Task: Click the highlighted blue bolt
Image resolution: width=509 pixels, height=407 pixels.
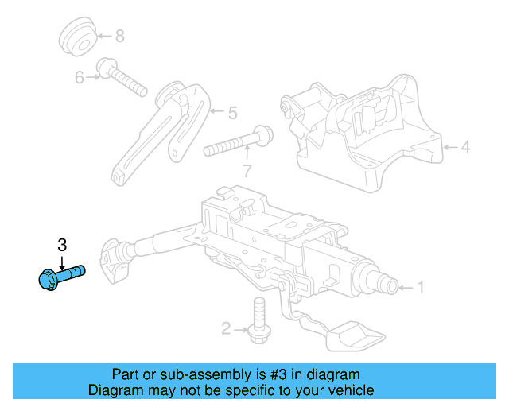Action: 60,277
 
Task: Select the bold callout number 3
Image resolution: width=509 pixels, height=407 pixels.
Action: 61,244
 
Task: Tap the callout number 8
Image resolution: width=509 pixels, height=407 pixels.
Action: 120,36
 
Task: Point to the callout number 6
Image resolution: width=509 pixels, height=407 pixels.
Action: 80,77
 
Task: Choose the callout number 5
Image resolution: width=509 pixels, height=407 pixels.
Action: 232,114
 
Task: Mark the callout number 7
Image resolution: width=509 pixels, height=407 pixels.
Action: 247,169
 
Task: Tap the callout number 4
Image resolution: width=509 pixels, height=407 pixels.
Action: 466,146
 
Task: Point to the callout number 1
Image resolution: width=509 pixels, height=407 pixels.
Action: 422,287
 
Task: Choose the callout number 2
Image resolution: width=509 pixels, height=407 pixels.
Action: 226,328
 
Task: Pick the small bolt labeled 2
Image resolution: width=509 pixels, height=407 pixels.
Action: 257,321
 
